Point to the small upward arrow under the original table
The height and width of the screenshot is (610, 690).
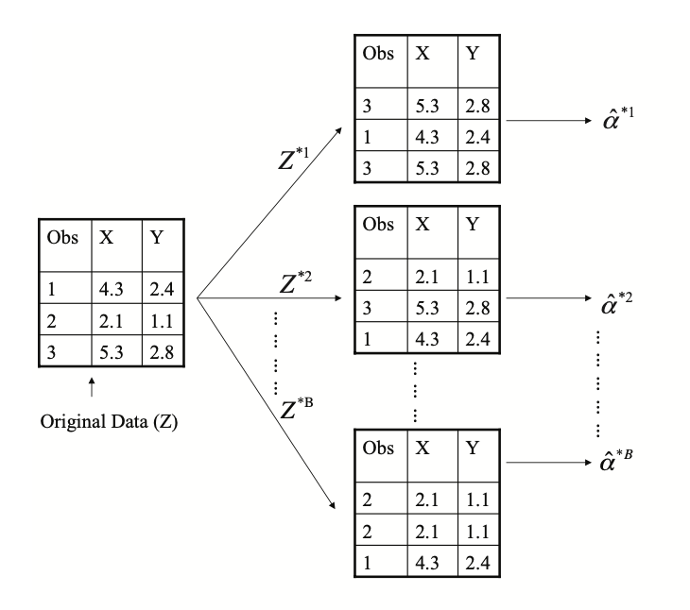(91, 386)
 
